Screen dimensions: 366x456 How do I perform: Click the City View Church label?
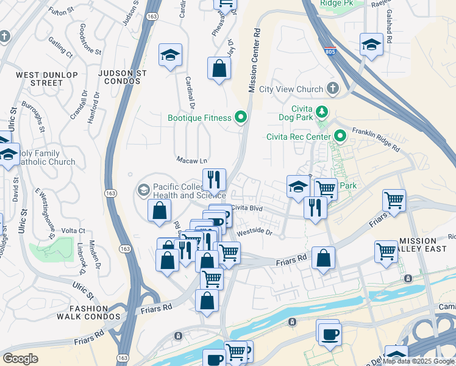291,89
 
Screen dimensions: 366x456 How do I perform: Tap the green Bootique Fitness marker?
241,117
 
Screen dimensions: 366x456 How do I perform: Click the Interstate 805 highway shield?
330,51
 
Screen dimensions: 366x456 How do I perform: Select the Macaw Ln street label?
191,160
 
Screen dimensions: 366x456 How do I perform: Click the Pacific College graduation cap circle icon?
143,189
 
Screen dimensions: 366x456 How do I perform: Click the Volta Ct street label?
73,231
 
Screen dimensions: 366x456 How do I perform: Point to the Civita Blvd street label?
246,207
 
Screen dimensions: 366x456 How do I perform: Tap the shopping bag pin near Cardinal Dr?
218,68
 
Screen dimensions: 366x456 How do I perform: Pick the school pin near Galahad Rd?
371,45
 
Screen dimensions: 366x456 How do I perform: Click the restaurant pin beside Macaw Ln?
213,179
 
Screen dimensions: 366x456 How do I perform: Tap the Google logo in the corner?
20,359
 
